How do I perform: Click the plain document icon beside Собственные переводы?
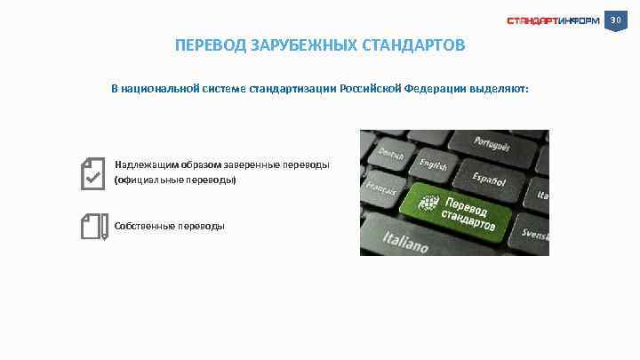click(x=92, y=226)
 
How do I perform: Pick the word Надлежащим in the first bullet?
click(x=147, y=164)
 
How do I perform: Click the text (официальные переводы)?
click(x=176, y=180)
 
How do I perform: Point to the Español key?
click(x=488, y=177)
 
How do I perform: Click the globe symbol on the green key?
click(x=429, y=204)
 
